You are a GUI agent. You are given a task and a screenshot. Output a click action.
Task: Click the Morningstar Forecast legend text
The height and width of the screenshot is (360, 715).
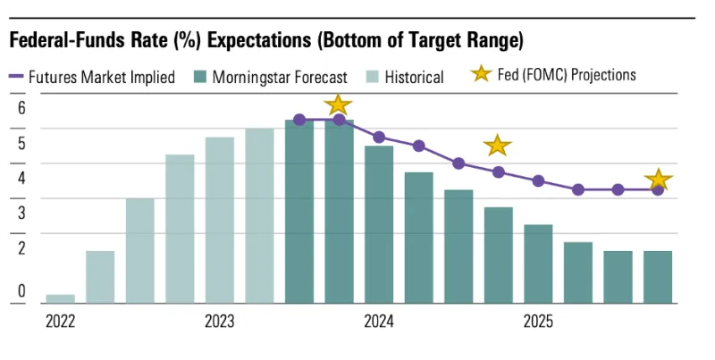pos(280,77)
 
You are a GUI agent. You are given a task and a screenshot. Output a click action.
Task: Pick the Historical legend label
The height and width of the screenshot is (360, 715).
pos(414,77)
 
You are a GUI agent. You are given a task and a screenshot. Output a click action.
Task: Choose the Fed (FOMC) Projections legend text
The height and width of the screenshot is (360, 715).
pos(567,75)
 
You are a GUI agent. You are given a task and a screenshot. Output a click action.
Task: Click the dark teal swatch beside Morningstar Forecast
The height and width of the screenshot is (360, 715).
pos(201,77)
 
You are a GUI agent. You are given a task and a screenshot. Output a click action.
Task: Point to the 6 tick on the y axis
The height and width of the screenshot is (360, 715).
pos(22,108)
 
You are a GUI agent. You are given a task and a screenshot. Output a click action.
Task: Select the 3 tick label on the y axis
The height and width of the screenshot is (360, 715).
pos(22,213)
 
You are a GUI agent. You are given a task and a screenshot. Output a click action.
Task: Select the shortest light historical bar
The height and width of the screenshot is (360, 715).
pos(60,298)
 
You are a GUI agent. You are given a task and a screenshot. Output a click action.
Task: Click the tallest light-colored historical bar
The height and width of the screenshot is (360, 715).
pos(259,215)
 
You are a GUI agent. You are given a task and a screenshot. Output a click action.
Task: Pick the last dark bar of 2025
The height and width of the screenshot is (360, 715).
pos(658,277)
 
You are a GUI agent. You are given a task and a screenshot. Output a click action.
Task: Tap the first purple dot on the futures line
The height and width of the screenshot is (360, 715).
pos(299,120)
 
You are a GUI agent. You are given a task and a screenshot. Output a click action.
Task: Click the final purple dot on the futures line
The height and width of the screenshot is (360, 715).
pos(658,189)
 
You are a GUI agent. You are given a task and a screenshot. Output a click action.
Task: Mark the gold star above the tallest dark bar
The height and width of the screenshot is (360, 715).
pos(338,104)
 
